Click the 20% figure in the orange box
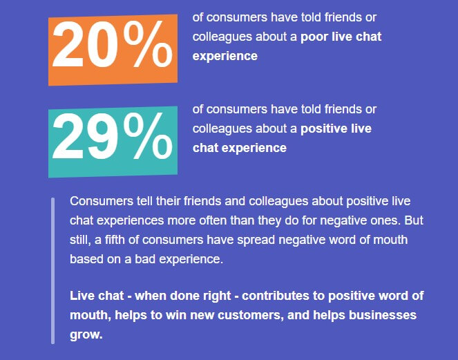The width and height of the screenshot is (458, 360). pos(113,44)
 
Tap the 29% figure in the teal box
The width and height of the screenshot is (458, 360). pos(113,136)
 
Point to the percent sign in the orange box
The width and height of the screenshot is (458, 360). pos(148,44)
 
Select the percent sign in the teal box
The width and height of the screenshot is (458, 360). pos(148,136)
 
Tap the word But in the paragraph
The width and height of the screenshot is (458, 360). pos(414,220)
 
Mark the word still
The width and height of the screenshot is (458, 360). pos(79,240)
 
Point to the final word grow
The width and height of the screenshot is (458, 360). pos(86,335)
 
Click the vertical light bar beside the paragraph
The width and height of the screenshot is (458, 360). pos(53,271)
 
